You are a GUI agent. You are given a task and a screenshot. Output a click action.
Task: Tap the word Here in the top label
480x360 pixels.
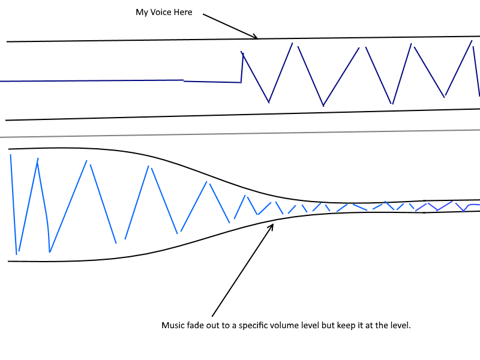(183, 12)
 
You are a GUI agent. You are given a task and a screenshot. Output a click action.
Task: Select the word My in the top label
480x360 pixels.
(142, 13)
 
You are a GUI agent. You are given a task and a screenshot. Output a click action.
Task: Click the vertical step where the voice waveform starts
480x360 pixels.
(242, 67)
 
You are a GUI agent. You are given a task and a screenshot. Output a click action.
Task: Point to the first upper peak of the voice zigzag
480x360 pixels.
(292, 43)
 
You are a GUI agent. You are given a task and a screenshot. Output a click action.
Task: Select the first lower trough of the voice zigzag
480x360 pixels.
(269, 102)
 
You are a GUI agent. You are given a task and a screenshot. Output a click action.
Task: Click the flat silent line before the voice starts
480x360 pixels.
(121, 81)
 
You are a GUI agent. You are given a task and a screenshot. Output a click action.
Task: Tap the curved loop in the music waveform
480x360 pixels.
(46, 208)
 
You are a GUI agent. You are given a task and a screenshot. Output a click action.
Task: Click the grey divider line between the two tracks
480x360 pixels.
(240, 134)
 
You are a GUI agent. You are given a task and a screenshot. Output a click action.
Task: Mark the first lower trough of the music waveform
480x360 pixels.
(17, 254)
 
